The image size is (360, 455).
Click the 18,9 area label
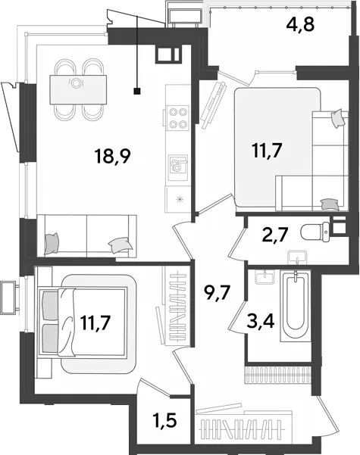(112, 157)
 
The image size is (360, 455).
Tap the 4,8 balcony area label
(300, 24)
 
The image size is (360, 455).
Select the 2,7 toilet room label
(274, 235)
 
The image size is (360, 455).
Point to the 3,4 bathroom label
(261, 321)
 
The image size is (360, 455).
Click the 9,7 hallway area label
(218, 293)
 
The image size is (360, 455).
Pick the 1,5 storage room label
(165, 420)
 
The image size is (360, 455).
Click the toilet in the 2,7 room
(315, 232)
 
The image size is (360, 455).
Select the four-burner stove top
(178, 118)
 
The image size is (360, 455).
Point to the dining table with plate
(78, 89)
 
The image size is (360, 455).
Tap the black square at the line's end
(137, 92)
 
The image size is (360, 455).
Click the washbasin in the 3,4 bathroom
(265, 277)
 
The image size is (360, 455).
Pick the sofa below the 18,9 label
(87, 236)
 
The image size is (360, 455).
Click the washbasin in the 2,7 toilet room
(296, 257)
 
